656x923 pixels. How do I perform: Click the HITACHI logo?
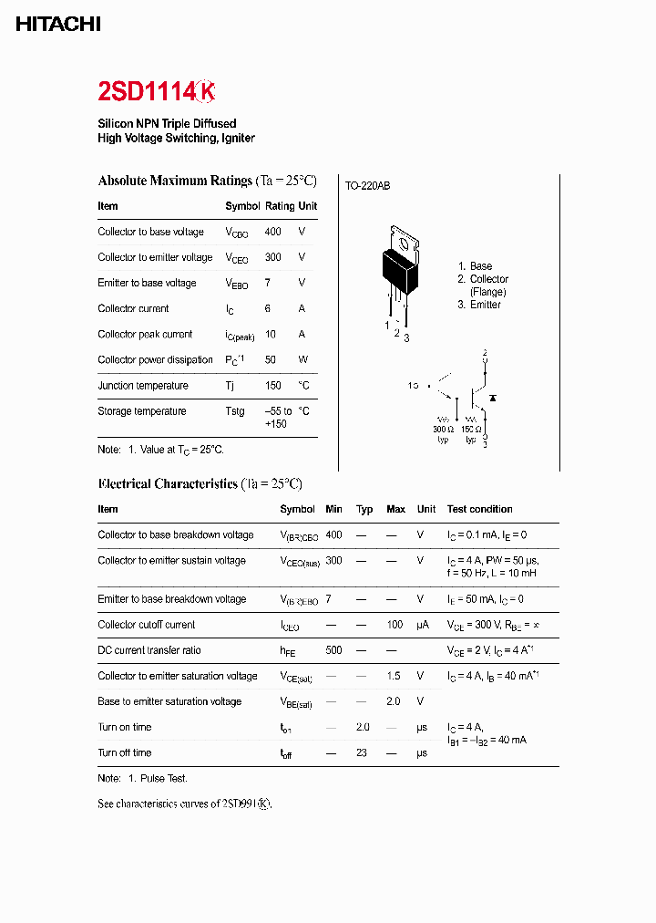pos(58,25)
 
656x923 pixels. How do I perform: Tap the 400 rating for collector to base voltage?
pos(272,232)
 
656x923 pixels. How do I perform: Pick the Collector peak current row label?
pos(145,334)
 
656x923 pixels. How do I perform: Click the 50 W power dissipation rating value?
pos(271,359)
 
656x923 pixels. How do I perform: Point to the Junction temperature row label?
pos(142,385)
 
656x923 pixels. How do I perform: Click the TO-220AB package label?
pos(367,186)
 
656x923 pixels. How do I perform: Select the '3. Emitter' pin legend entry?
pos(479,305)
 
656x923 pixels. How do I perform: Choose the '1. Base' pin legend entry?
pos(475,266)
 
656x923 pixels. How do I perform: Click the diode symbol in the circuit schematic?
pos(493,399)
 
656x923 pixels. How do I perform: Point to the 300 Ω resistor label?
pos(444,429)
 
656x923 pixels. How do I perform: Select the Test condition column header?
pos(479,509)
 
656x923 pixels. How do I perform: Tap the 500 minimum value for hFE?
pos(333,650)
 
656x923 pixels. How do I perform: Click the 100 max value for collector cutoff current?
pos(395,625)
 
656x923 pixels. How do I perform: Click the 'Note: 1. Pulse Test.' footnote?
pos(142,778)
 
